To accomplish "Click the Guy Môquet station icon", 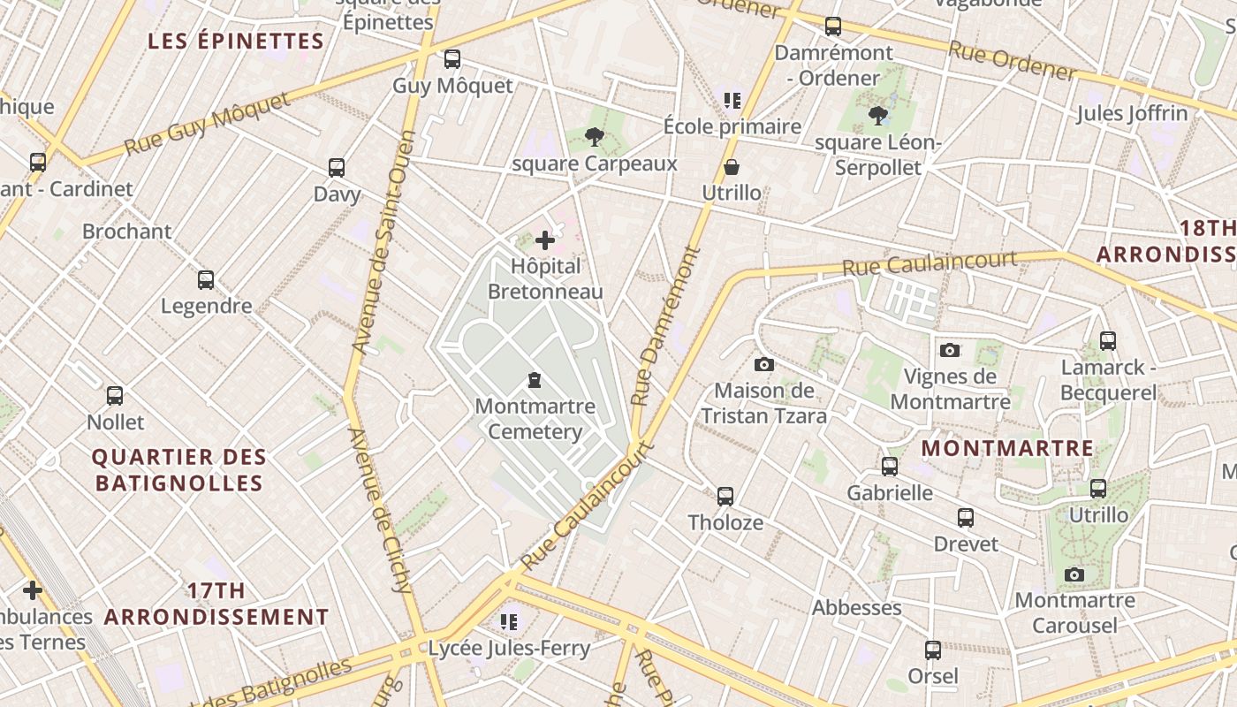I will [452, 59].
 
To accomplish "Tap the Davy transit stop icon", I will [337, 168].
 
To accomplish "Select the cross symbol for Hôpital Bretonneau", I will [545, 239].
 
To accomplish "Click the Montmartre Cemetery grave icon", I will [535, 380].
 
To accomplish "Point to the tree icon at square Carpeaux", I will [595, 137].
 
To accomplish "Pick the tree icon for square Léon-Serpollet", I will [877, 116].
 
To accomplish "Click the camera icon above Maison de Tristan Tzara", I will [764, 364].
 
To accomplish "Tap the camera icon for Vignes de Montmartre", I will [950, 350].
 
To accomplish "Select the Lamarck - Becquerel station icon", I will [1108, 340].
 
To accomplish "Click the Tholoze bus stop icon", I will [725, 496].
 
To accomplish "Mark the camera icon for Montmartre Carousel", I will [1074, 574].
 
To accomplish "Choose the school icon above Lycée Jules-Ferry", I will [508, 622].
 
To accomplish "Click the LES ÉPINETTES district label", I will [236, 42].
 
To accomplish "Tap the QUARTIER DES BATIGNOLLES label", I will [179, 470].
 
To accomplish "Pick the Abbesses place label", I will [857, 608].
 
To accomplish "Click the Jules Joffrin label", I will [1132, 113].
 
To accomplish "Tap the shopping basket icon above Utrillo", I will [732, 167].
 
